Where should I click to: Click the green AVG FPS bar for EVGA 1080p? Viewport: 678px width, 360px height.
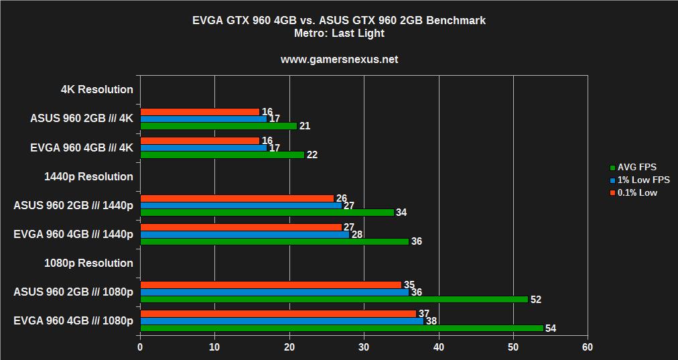342,328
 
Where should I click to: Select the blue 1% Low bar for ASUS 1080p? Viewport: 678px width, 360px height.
274,292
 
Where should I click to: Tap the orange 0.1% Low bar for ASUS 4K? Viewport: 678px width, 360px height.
200,111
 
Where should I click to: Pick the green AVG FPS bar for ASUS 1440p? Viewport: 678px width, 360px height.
267,213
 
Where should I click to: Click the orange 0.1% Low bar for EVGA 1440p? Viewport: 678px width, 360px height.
241,227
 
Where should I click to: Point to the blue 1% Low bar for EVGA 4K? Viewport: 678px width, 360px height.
203,147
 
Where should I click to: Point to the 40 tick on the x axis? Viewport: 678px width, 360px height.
438,347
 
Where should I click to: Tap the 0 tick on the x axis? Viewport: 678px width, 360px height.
140,347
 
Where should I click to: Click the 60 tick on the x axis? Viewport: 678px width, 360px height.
588,347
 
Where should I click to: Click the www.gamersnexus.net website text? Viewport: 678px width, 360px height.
339,59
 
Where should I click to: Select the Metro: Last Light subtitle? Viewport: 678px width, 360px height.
339,33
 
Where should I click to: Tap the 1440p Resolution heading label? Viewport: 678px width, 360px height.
88,176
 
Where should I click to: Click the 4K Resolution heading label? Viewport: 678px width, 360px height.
96,89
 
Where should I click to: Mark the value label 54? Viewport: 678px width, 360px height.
551,328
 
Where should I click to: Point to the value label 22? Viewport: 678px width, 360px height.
312,155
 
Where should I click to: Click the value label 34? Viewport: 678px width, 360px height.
401,213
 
